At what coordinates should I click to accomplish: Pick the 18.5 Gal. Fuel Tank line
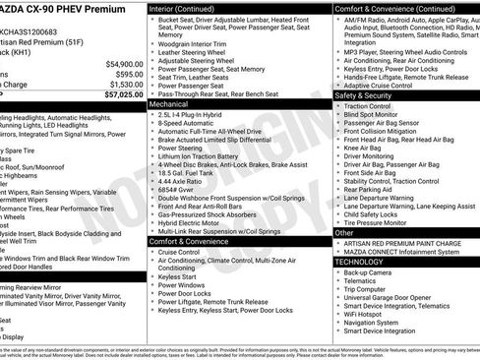pyautogui.click(x=193, y=172)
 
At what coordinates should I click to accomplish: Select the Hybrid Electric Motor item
pyautogui.click(x=197, y=223)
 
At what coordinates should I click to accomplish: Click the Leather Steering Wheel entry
pyautogui.click(x=194, y=54)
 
